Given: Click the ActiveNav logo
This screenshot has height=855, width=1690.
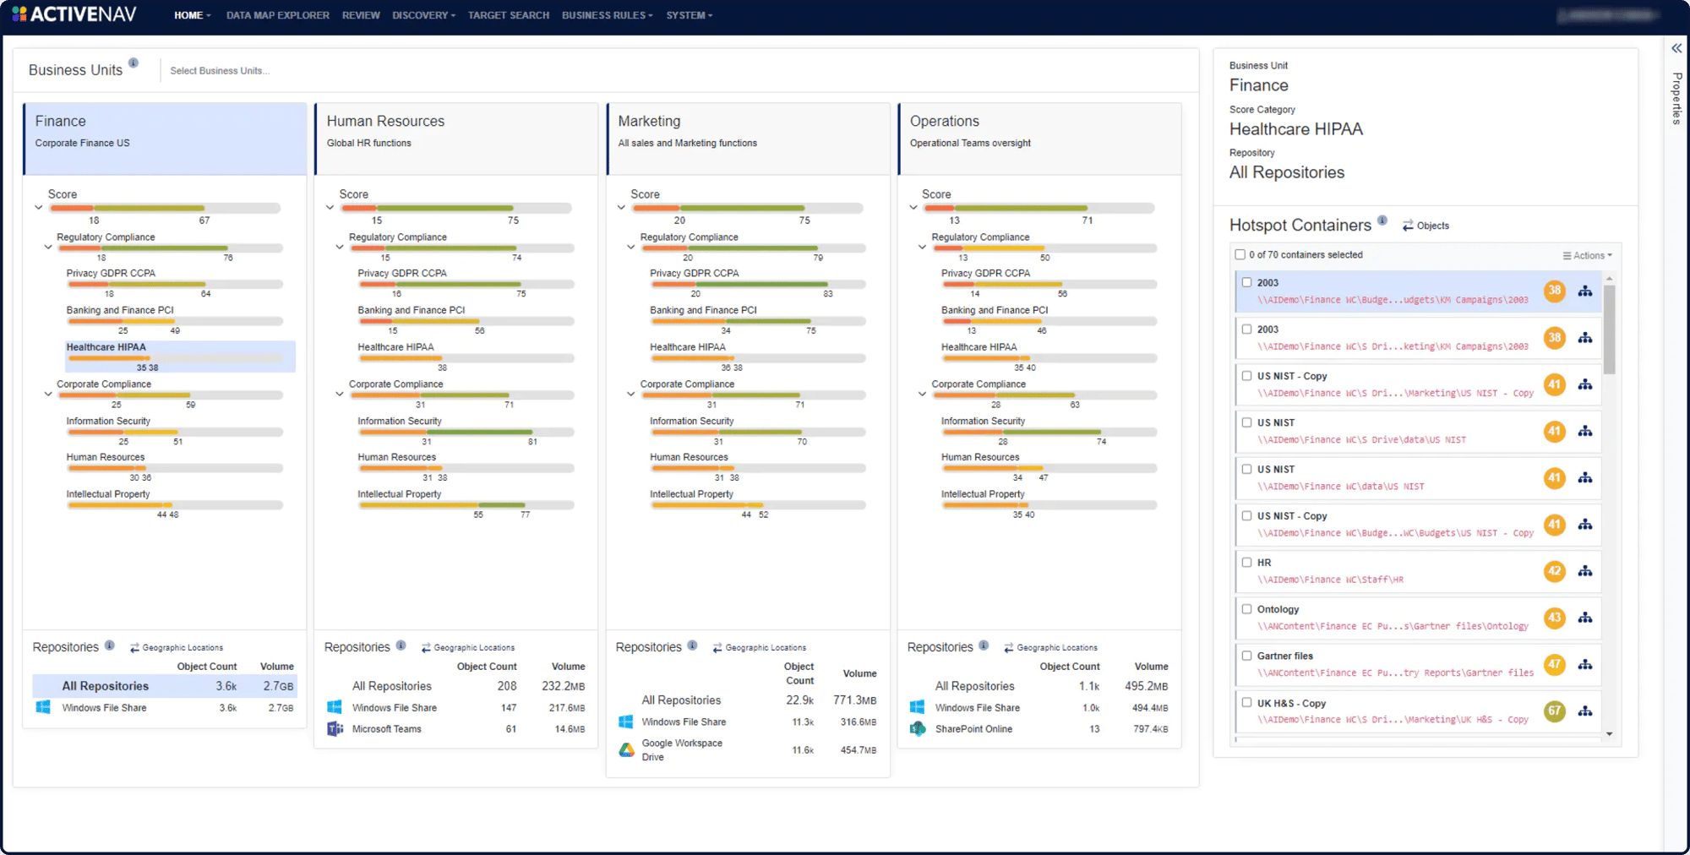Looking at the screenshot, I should click(74, 14).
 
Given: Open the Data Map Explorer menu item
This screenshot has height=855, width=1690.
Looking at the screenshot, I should click(277, 15).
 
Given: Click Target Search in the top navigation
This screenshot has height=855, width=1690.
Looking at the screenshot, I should click(508, 15).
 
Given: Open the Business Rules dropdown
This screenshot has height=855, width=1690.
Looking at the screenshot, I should click(607, 15).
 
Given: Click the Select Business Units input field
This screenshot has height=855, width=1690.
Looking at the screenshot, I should click(220, 71).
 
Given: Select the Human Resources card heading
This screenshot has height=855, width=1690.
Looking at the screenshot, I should click(385, 121).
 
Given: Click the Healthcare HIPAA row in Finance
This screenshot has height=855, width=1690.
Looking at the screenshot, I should click(106, 347).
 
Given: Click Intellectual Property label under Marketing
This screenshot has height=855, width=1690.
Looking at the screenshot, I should click(691, 494).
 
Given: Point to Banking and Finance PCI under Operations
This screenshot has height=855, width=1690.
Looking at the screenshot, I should click(995, 310).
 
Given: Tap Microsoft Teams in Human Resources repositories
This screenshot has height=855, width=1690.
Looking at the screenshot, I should click(386, 729).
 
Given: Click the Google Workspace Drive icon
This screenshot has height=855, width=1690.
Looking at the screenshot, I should click(626, 749).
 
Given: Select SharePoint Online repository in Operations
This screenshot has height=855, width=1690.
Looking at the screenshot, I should click(973, 729).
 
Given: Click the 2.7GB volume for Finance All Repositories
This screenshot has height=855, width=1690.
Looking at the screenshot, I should click(278, 686).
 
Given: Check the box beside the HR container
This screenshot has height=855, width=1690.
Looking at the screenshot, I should click(1246, 563).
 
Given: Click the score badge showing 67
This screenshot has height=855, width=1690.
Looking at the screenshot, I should click(1554, 711).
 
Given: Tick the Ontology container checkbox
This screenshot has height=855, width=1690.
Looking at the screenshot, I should click(1246, 609).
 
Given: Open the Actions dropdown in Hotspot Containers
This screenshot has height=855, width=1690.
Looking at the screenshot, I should click(1588, 255).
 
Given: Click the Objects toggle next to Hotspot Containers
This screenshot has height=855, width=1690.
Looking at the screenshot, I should click(1426, 226).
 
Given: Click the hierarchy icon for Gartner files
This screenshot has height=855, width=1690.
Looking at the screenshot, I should click(1585, 665).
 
